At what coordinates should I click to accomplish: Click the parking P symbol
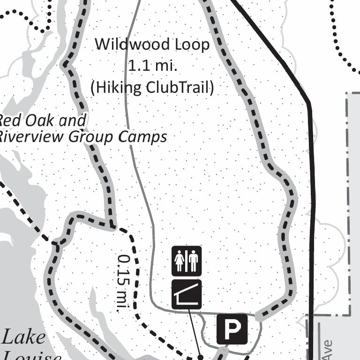(232, 329)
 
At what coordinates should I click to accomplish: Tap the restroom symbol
(187, 261)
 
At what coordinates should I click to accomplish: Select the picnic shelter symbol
(187, 294)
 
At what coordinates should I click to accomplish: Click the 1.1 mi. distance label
(152, 66)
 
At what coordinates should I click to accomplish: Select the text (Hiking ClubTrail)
(152, 88)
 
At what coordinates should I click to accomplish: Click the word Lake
(24, 337)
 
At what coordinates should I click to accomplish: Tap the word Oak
(41, 121)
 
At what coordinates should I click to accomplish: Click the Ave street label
(327, 350)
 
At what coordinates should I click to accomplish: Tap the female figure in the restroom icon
(180, 262)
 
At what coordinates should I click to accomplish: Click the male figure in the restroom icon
(194, 262)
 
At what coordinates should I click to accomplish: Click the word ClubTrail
(180, 88)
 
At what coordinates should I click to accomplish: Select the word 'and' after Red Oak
(74, 121)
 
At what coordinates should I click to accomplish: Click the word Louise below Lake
(31, 356)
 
